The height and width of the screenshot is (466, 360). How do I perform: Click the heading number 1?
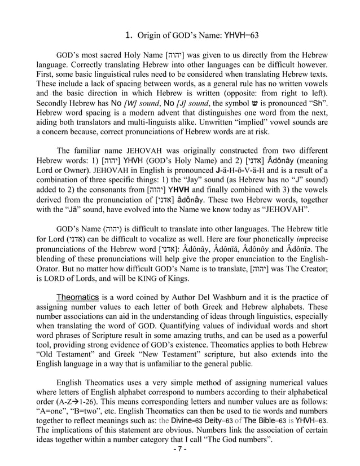tap(128, 36)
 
